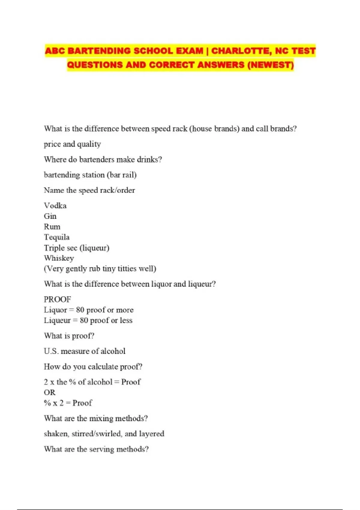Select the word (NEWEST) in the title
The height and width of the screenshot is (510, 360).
coord(270,65)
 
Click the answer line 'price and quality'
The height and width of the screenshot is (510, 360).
coord(72,144)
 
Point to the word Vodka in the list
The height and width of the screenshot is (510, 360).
coord(55,206)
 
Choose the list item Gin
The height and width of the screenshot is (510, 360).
coord(50,216)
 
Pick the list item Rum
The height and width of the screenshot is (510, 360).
coord(52,227)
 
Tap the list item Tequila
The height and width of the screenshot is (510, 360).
coord(57,237)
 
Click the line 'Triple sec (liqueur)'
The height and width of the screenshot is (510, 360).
coord(76,248)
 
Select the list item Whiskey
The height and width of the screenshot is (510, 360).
coord(59,258)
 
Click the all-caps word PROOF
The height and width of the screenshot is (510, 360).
coord(57,299)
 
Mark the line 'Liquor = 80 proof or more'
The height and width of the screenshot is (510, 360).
coord(88,310)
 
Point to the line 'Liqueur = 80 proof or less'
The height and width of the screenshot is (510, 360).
coord(88,320)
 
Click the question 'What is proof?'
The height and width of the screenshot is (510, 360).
coord(69,336)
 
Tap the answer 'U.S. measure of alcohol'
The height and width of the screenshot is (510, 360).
coord(85,351)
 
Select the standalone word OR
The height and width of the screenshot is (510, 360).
coord(49,392)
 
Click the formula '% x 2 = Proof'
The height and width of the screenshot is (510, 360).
coord(68,403)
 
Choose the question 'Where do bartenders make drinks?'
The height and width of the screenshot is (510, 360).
coord(103,160)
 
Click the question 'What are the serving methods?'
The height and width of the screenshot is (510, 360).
coord(96,449)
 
